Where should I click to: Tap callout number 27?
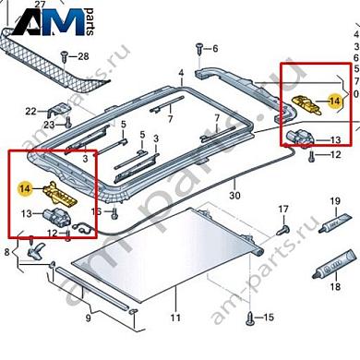pos(40,5)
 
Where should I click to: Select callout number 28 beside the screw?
pos(83,57)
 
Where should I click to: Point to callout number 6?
pos(214,49)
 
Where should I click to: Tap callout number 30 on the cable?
pos(234,196)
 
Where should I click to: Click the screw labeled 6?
pos(197,47)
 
